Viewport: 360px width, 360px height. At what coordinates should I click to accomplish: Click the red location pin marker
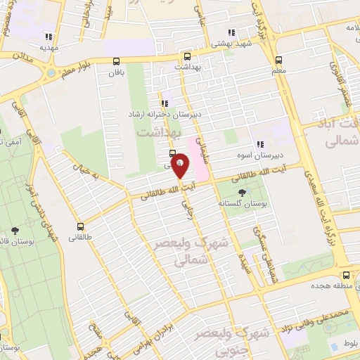[180, 166]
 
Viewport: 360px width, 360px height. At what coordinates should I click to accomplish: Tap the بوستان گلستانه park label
[243, 203]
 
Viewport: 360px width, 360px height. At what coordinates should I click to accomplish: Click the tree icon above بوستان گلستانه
[243, 191]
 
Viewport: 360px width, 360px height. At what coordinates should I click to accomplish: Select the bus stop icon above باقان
[117, 61]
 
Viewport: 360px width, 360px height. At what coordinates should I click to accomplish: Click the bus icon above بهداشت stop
[187, 57]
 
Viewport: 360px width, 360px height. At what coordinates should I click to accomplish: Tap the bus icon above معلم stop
[278, 60]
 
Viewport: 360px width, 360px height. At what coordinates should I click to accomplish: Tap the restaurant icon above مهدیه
[48, 37]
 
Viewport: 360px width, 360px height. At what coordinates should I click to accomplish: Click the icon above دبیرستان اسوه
[259, 144]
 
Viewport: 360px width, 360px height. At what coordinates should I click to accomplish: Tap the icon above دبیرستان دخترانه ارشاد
[164, 104]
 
